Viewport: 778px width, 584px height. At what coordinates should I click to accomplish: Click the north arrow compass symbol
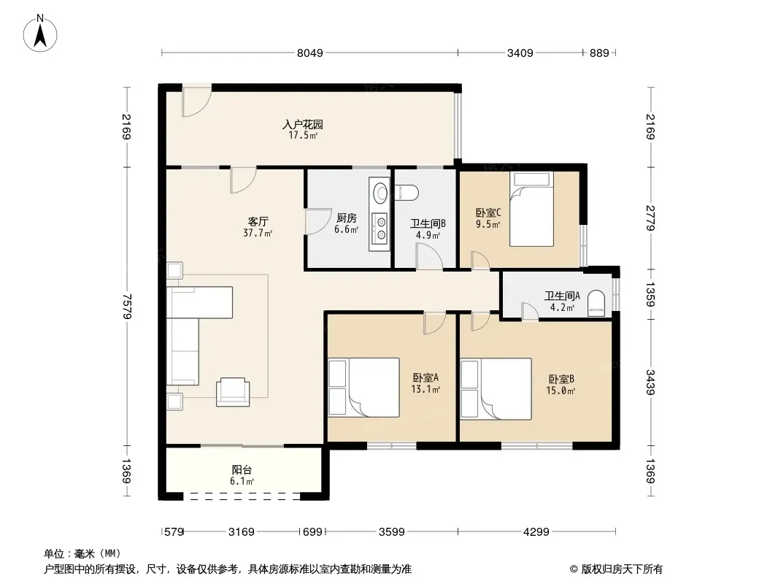coord(40,34)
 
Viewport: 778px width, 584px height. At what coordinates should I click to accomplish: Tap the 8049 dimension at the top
coord(310,53)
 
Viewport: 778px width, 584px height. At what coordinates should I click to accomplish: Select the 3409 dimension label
coord(520,53)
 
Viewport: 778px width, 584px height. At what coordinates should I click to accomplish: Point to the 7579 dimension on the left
coord(127,306)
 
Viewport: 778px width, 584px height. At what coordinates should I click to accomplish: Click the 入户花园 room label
coord(303,124)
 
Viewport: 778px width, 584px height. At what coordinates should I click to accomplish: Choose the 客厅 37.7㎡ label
coord(258,227)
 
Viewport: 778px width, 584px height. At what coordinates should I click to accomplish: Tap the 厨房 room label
coord(347,218)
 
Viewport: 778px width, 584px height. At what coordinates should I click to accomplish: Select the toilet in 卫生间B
coord(407,193)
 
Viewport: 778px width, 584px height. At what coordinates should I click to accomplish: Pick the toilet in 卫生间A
coord(596,303)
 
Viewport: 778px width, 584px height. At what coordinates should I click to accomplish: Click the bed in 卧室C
coord(531,209)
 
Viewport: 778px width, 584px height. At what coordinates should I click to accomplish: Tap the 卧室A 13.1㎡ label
coord(425,383)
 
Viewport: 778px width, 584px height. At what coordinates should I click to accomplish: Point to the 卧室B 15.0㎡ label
coord(561,385)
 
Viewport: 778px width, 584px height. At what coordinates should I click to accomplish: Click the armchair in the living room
coord(233,392)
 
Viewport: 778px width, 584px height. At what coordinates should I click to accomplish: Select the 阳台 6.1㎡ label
coord(242,475)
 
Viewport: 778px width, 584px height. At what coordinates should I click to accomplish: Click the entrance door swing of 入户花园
coord(196,101)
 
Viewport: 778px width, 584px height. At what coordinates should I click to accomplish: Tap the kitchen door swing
coord(318,221)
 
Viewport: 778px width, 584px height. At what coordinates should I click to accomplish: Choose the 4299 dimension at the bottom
coord(536,532)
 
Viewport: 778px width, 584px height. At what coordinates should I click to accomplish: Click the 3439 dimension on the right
coord(650,382)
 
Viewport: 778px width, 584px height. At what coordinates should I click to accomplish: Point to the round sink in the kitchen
coord(381,193)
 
